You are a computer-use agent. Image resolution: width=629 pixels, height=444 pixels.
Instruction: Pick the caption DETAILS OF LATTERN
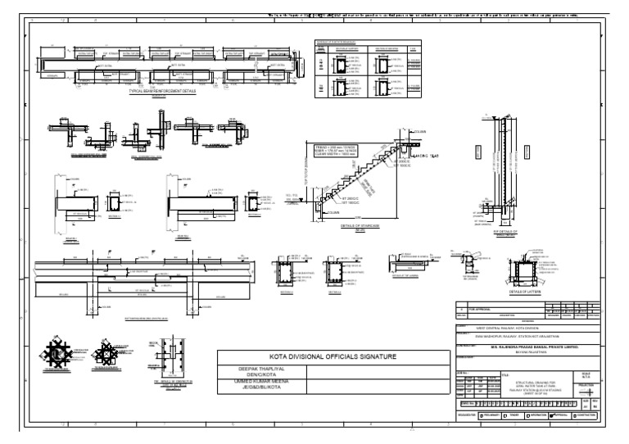[524, 291]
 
